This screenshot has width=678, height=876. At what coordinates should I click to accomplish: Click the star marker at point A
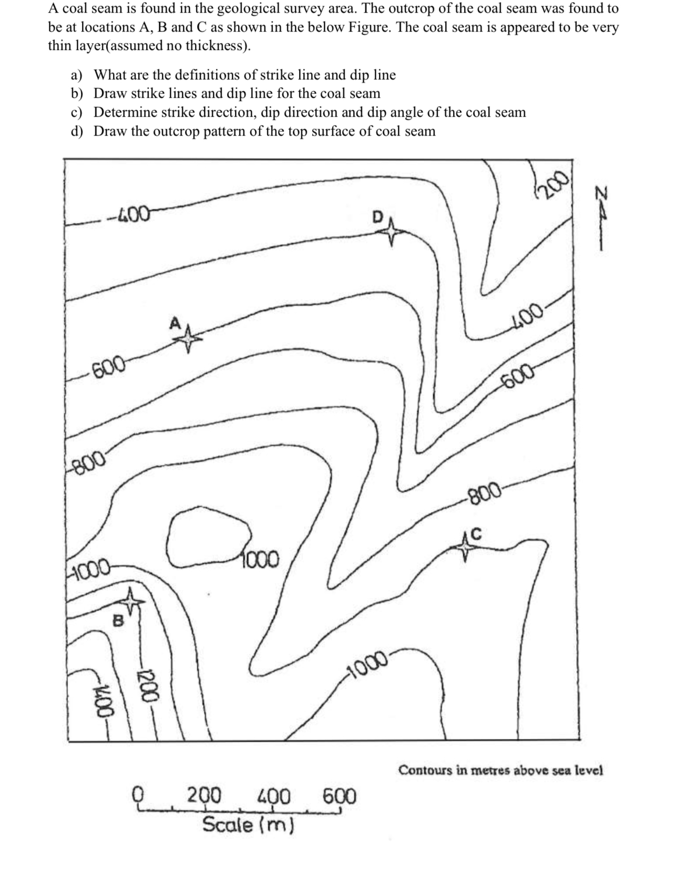tap(188, 338)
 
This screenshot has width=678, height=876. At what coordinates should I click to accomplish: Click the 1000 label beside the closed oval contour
tap(261, 560)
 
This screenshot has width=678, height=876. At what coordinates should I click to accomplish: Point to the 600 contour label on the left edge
tap(108, 368)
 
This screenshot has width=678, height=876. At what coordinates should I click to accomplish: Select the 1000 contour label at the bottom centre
tap(367, 666)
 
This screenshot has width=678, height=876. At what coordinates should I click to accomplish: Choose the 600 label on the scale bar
tap(339, 796)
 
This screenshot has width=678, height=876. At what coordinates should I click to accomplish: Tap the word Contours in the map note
tap(425, 770)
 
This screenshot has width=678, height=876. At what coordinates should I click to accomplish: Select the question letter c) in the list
tap(77, 112)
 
